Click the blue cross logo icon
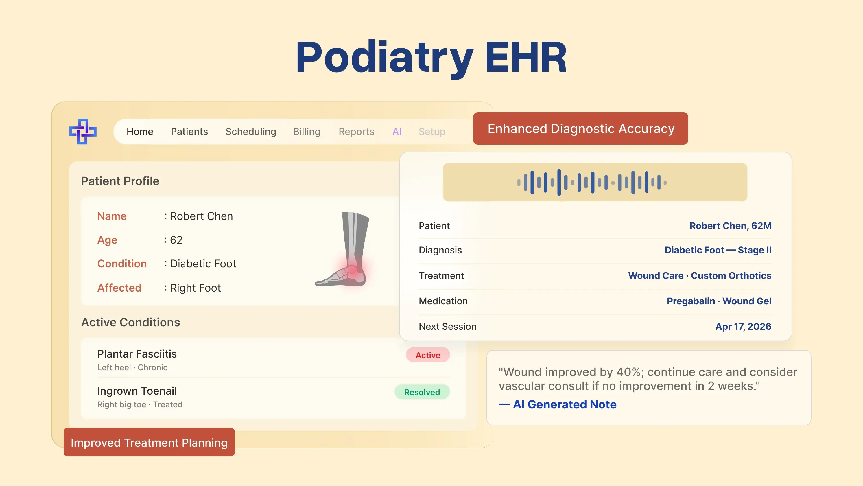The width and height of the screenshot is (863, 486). [83, 131]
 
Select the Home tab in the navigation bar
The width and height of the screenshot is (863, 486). [140, 131]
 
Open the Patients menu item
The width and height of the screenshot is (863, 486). [189, 131]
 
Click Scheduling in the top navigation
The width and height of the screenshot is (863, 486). [250, 131]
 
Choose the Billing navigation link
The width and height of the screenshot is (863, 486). [307, 131]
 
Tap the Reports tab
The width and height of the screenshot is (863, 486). [356, 131]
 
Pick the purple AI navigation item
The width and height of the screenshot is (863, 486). [397, 131]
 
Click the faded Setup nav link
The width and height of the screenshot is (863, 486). [431, 131]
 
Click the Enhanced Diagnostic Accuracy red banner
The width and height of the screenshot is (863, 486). [580, 128]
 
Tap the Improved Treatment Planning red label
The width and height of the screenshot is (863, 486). [149, 442]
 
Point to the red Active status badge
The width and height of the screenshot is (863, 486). [427, 355]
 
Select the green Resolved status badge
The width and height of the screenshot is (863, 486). [422, 392]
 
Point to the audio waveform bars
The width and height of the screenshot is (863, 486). [592, 182]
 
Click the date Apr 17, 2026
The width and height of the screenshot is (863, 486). [743, 326]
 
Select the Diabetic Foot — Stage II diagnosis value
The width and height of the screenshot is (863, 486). [718, 250]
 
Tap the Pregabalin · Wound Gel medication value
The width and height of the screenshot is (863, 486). [719, 301]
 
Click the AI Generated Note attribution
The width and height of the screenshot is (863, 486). [564, 404]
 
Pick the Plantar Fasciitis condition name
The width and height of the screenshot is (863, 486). [137, 354]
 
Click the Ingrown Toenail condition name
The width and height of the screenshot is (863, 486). [137, 391]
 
